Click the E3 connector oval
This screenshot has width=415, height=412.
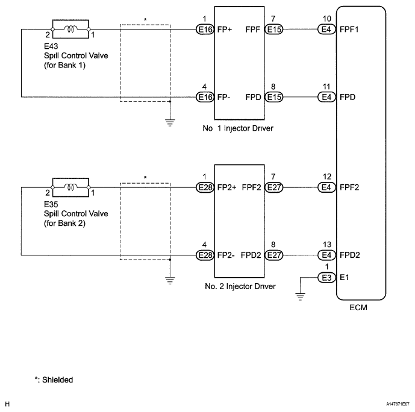[326, 278]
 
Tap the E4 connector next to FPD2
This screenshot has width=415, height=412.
[326, 255]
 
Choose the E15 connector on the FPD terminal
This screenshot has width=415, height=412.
[273, 96]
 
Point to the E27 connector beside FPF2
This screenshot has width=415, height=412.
[273, 187]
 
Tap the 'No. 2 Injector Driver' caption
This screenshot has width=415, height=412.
[240, 286]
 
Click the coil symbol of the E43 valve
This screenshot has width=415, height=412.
[71, 28]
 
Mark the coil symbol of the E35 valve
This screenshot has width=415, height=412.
[71, 187]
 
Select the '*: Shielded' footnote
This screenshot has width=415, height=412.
[54, 379]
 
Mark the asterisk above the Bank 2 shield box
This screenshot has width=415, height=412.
[145, 178]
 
